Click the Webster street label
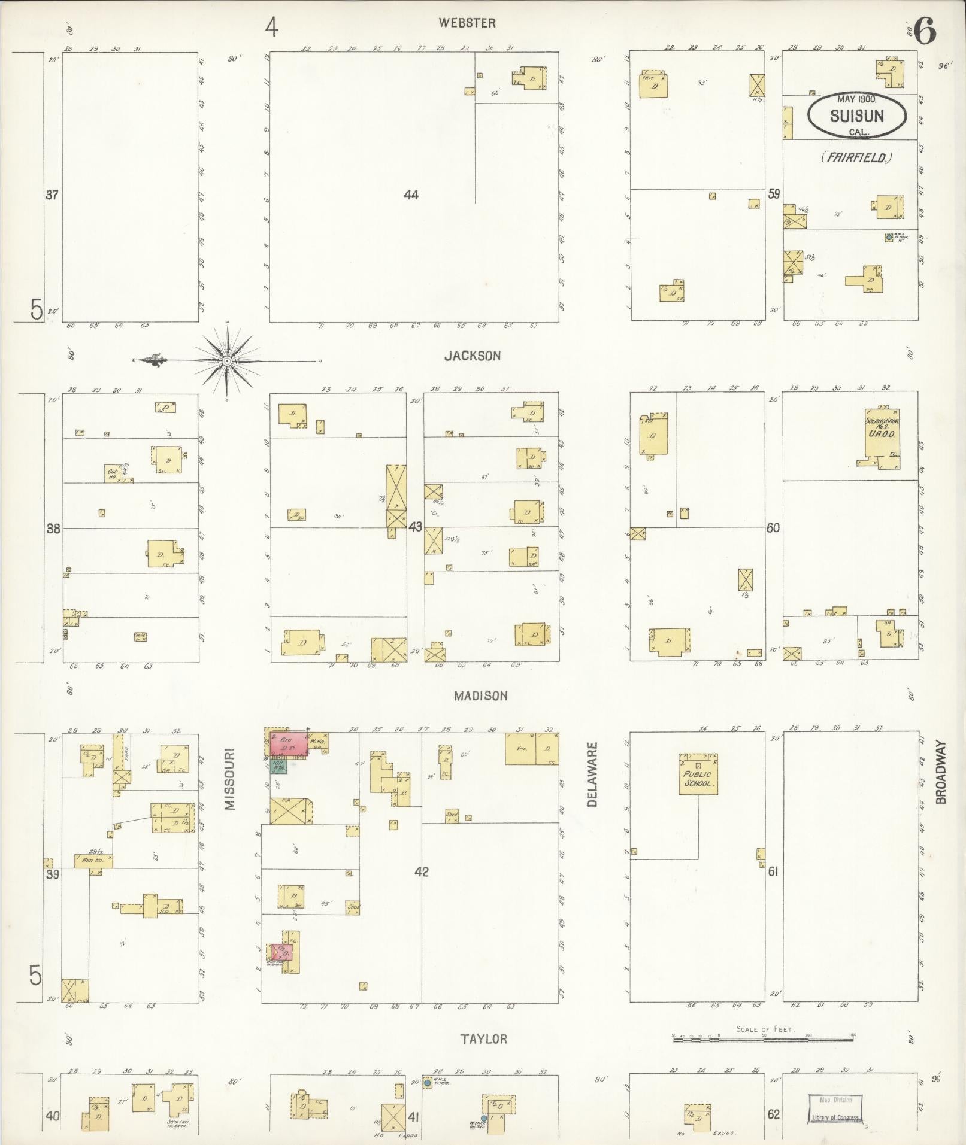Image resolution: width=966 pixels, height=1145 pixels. click(467, 23)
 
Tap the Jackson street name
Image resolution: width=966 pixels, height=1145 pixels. click(472, 356)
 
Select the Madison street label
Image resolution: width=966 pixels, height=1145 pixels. click(480, 695)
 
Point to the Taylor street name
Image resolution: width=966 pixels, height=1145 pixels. click(484, 1039)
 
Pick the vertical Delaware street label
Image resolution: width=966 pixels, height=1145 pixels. click(593, 775)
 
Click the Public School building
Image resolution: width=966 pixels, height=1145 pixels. click(698, 775)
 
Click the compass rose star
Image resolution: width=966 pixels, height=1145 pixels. click(228, 361)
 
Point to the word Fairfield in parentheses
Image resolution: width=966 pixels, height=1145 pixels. click(857, 158)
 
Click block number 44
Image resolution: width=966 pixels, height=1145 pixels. click(411, 195)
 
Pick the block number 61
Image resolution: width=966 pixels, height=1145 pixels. click(773, 871)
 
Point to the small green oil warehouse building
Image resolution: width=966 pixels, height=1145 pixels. click(279, 766)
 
